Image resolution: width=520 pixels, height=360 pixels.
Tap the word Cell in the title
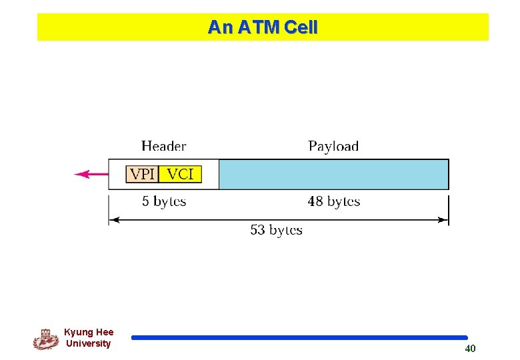coord(301,27)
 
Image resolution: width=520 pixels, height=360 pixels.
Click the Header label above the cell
coord(163,146)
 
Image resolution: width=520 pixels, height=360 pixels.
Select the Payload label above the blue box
coord(333,146)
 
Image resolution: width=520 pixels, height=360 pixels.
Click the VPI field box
coord(142,175)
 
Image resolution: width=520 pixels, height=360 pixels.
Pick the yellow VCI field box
coord(180,175)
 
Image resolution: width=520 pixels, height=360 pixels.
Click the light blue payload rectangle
coord(333,175)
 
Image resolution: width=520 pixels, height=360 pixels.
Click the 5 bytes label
coord(164,201)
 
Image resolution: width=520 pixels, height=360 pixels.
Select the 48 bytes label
coord(333,201)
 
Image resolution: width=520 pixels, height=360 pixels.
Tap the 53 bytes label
coord(276,230)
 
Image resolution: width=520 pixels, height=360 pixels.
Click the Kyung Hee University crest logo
coord(45,339)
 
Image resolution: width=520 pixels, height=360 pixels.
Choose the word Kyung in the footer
coord(78,332)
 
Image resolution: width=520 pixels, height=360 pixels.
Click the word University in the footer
coord(88,344)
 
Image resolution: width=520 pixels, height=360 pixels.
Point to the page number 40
coord(470,349)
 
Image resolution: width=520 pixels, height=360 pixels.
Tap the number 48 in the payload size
coord(315,201)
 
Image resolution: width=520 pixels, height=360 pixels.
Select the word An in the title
coord(217,27)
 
